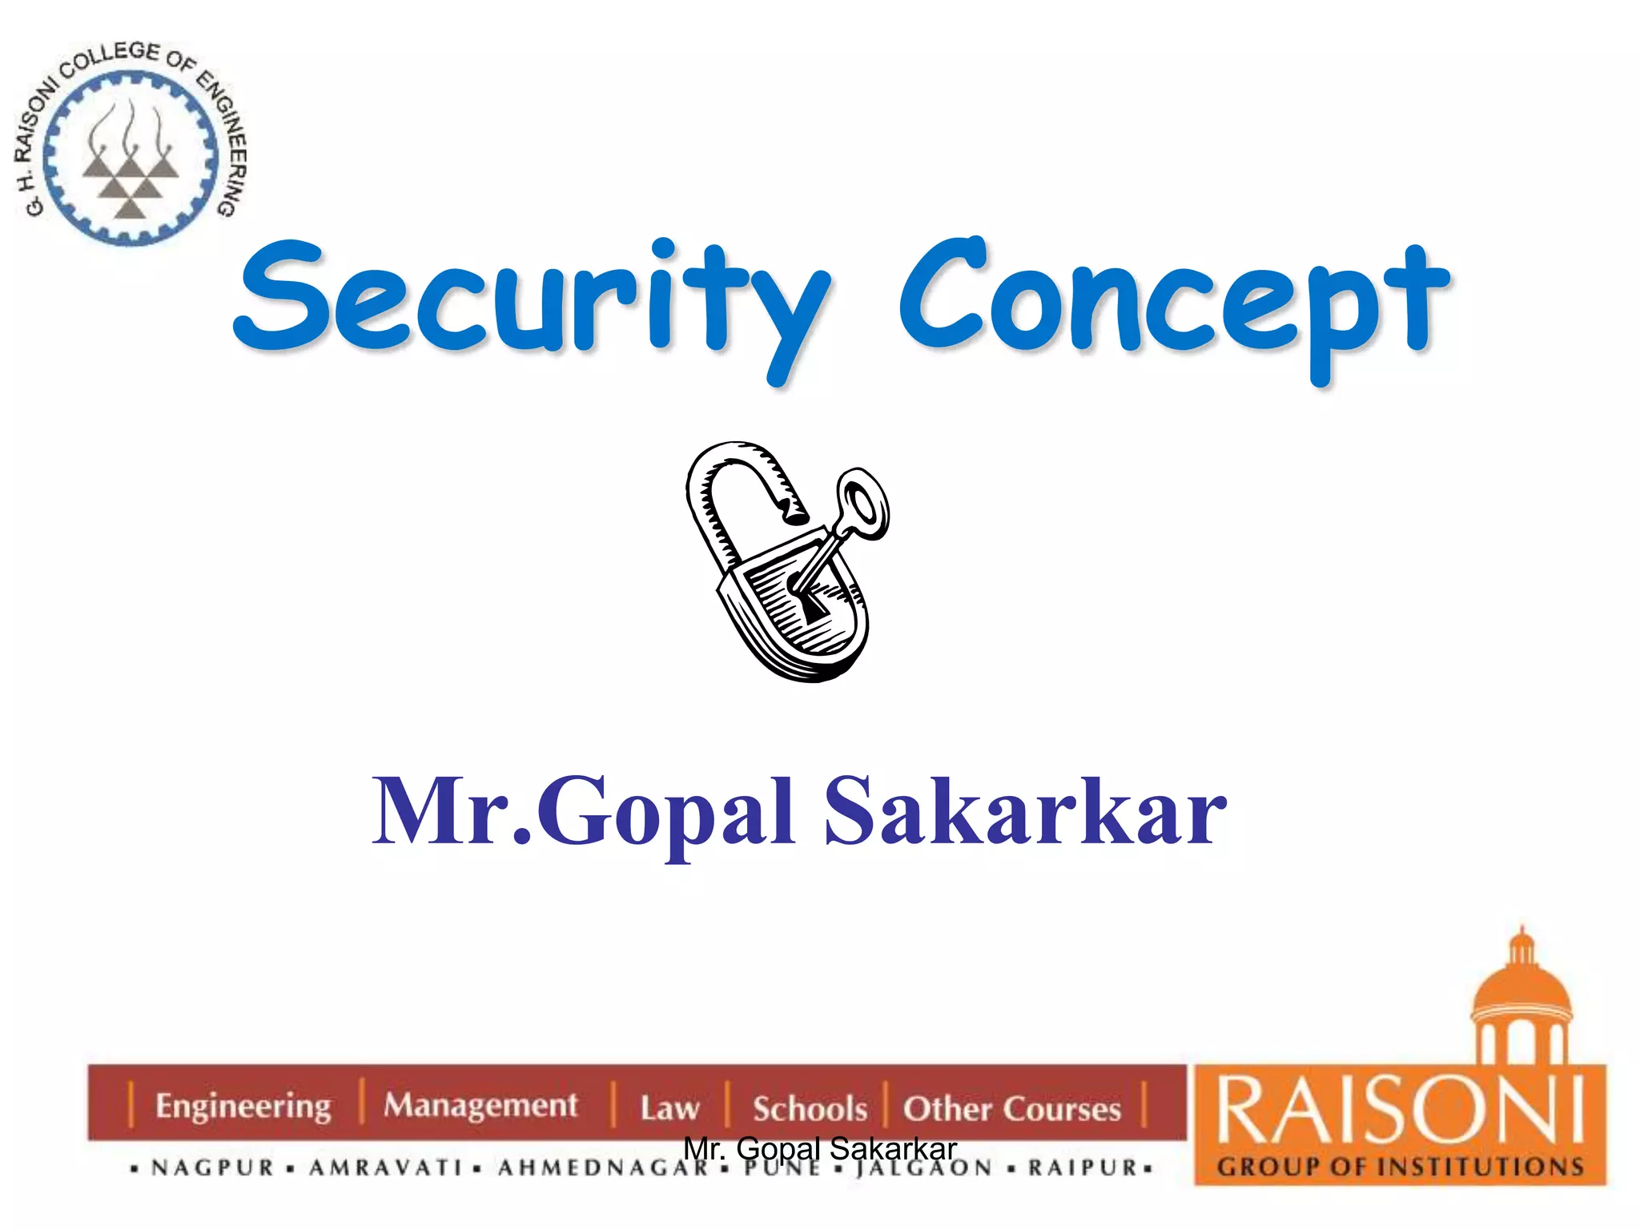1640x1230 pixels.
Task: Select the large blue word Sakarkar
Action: (x=1025, y=813)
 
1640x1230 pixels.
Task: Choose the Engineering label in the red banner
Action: (x=243, y=1106)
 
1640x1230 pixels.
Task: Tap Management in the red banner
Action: (x=480, y=1105)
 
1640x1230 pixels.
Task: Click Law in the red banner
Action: (x=669, y=1108)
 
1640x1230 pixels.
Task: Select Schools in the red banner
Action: (x=810, y=1109)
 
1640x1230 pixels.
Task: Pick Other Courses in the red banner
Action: (x=1011, y=1109)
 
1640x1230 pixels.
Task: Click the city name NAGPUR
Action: (x=213, y=1168)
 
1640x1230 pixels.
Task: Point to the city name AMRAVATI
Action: (x=386, y=1168)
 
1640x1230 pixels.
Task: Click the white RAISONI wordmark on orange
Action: (x=1400, y=1111)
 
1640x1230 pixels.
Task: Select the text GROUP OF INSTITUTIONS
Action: (x=1401, y=1167)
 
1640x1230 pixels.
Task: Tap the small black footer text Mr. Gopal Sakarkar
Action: (x=820, y=1149)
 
